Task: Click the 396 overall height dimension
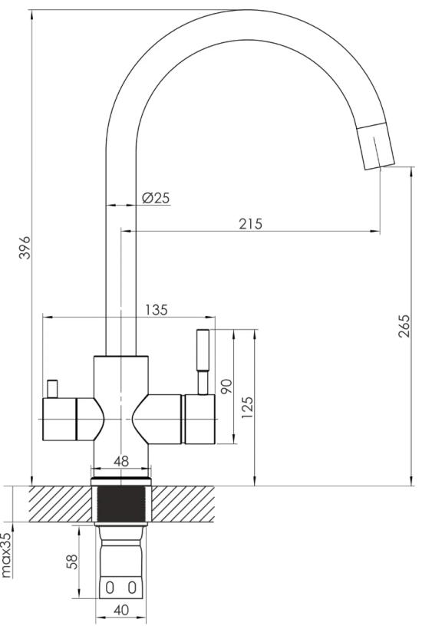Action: point(25,248)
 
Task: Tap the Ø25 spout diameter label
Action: point(156,198)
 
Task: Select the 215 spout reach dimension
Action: point(250,223)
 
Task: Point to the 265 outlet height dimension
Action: point(406,326)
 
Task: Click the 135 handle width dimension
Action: point(156,310)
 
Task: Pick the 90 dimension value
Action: point(226,387)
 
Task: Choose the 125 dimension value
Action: point(248,408)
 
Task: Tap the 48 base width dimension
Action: point(121,461)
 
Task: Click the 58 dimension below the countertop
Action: point(72,561)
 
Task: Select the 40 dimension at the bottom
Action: point(121,610)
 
